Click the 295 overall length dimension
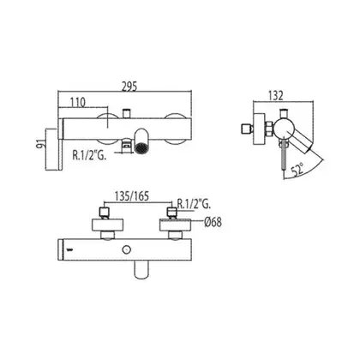[129, 86]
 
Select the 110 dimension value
[78, 102]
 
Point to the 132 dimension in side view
[275, 95]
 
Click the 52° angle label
[298, 171]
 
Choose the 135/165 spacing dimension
[132, 196]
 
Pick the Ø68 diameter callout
[213, 222]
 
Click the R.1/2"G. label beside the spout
[89, 155]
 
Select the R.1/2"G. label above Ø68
[194, 204]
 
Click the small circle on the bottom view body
[125, 249]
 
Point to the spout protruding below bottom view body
[141, 268]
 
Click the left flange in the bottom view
[107, 225]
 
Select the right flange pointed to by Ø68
[175, 225]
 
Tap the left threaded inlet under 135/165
[104, 213]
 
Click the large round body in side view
[283, 129]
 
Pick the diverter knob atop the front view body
[126, 113]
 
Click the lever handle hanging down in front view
[61, 145]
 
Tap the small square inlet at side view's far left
[246, 129]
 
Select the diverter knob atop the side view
[283, 114]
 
